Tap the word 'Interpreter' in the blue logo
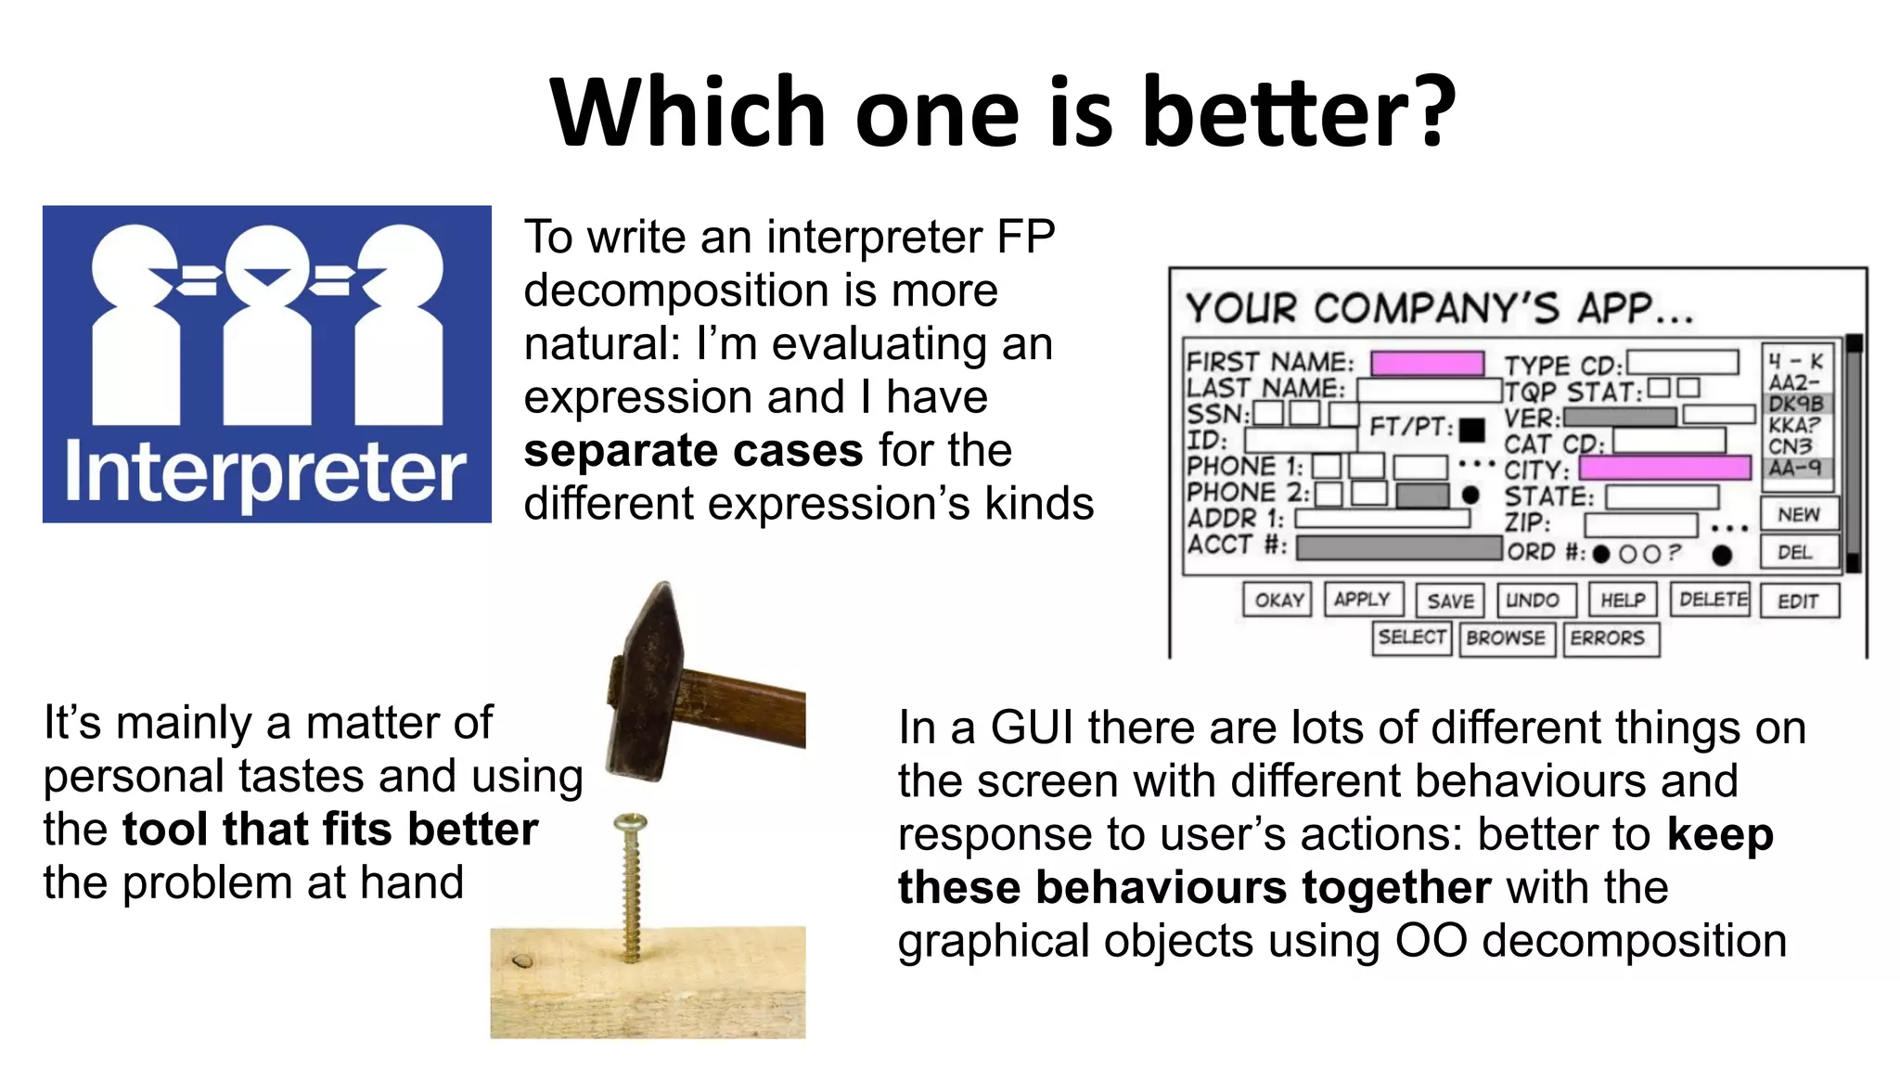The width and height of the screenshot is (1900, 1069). click(265, 473)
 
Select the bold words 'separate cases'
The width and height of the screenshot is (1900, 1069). click(693, 451)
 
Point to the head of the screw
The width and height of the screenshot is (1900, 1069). click(631, 822)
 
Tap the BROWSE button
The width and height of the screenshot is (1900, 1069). click(1507, 638)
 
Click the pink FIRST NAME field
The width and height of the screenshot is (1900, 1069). click(1427, 363)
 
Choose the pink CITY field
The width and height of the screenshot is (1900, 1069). click(1665, 467)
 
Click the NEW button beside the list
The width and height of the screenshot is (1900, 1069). click(1799, 514)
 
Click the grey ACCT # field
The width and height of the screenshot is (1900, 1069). click(1398, 547)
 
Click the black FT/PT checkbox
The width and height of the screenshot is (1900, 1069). click(1471, 430)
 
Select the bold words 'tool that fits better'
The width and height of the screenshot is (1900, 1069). click(329, 830)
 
